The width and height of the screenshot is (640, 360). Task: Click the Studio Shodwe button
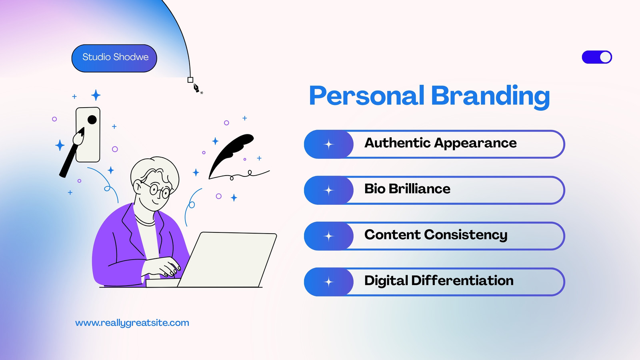click(114, 58)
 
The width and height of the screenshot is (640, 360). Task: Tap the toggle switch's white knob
click(605, 57)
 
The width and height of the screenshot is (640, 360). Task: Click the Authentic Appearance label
click(440, 143)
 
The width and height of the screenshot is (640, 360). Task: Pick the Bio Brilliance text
click(407, 188)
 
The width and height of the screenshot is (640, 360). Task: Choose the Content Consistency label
click(436, 235)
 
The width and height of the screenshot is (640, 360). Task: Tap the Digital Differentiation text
click(439, 280)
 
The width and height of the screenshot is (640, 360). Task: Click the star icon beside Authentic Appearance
click(328, 144)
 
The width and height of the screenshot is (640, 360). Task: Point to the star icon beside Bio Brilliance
click(328, 190)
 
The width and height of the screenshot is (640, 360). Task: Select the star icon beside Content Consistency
click(328, 236)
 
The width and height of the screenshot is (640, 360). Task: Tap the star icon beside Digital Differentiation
click(328, 282)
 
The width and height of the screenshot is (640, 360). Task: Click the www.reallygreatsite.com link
click(132, 323)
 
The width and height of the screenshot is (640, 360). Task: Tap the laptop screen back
click(227, 260)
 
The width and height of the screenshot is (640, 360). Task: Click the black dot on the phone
click(92, 120)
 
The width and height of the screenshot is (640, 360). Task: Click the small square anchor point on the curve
click(190, 80)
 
